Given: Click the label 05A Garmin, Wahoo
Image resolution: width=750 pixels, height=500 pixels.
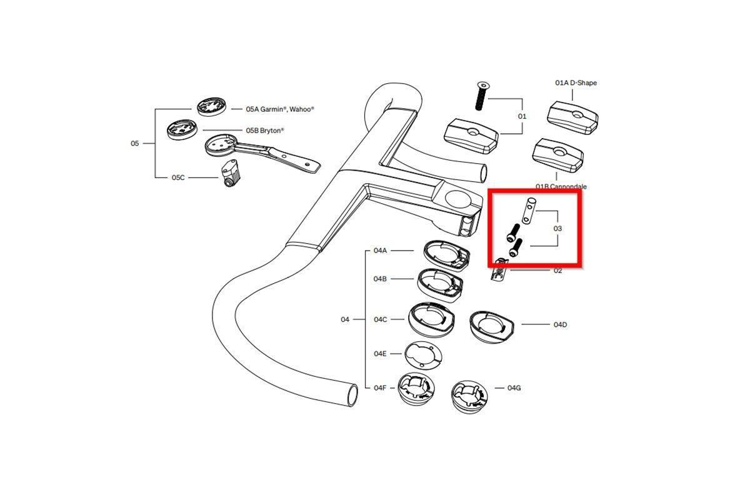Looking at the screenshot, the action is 280,109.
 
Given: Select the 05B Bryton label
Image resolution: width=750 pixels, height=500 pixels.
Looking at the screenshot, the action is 265,130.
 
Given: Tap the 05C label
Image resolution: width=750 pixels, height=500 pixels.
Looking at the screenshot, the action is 178,177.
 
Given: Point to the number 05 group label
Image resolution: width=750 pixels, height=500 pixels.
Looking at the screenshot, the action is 134,143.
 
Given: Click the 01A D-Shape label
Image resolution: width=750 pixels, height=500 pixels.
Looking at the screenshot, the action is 576,82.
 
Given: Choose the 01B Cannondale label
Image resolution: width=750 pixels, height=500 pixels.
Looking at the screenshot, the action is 561,186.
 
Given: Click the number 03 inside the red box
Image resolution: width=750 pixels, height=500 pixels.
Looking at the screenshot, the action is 557,228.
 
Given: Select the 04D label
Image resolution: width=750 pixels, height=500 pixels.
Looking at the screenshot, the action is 560,324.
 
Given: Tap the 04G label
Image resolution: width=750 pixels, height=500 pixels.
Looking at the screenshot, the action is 514,387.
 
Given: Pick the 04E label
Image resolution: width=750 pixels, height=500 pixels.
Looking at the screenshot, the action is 380,354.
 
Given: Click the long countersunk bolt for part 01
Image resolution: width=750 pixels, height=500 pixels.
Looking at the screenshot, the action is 481,96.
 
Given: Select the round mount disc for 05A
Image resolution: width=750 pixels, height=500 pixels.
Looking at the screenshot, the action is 212,106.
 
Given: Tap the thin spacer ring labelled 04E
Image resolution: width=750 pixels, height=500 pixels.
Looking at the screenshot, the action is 423,356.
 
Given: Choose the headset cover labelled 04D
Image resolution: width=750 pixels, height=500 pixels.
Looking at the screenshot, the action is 491,326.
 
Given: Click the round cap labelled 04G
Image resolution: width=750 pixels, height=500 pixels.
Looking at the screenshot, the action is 469,397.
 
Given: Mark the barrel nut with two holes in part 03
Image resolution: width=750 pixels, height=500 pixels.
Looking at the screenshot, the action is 529,211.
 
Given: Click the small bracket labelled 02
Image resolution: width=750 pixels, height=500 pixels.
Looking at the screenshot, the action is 498,270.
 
